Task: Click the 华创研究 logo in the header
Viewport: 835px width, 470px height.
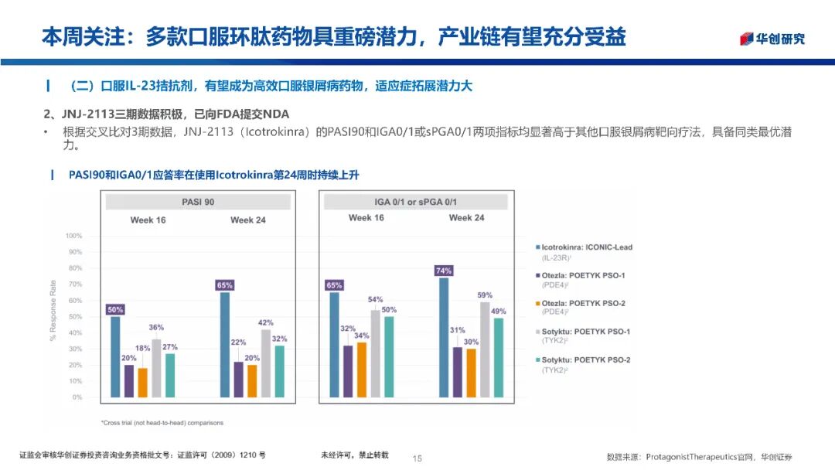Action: pos(772,39)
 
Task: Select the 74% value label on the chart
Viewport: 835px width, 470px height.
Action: pos(444,271)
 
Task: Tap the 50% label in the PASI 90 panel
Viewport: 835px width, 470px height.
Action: pos(115,310)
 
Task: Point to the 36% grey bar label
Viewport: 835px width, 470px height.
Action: pos(156,328)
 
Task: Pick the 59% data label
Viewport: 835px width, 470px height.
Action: pos(485,295)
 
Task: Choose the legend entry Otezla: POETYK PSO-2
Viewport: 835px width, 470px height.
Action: pos(584,303)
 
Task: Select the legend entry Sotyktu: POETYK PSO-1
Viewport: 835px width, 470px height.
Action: pos(585,332)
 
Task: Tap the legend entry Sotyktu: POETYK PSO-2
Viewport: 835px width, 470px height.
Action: pos(585,359)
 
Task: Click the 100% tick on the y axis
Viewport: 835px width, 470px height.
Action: pos(73,235)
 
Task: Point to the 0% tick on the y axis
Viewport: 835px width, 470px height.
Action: pos(77,397)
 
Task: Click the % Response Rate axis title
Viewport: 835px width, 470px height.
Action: pos(53,316)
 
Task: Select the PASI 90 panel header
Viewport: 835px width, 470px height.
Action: pos(198,202)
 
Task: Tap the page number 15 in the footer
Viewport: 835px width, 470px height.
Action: pos(417,458)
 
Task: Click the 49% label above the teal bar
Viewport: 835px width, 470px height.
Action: pos(499,312)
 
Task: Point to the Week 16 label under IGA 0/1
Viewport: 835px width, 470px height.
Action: pos(366,218)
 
